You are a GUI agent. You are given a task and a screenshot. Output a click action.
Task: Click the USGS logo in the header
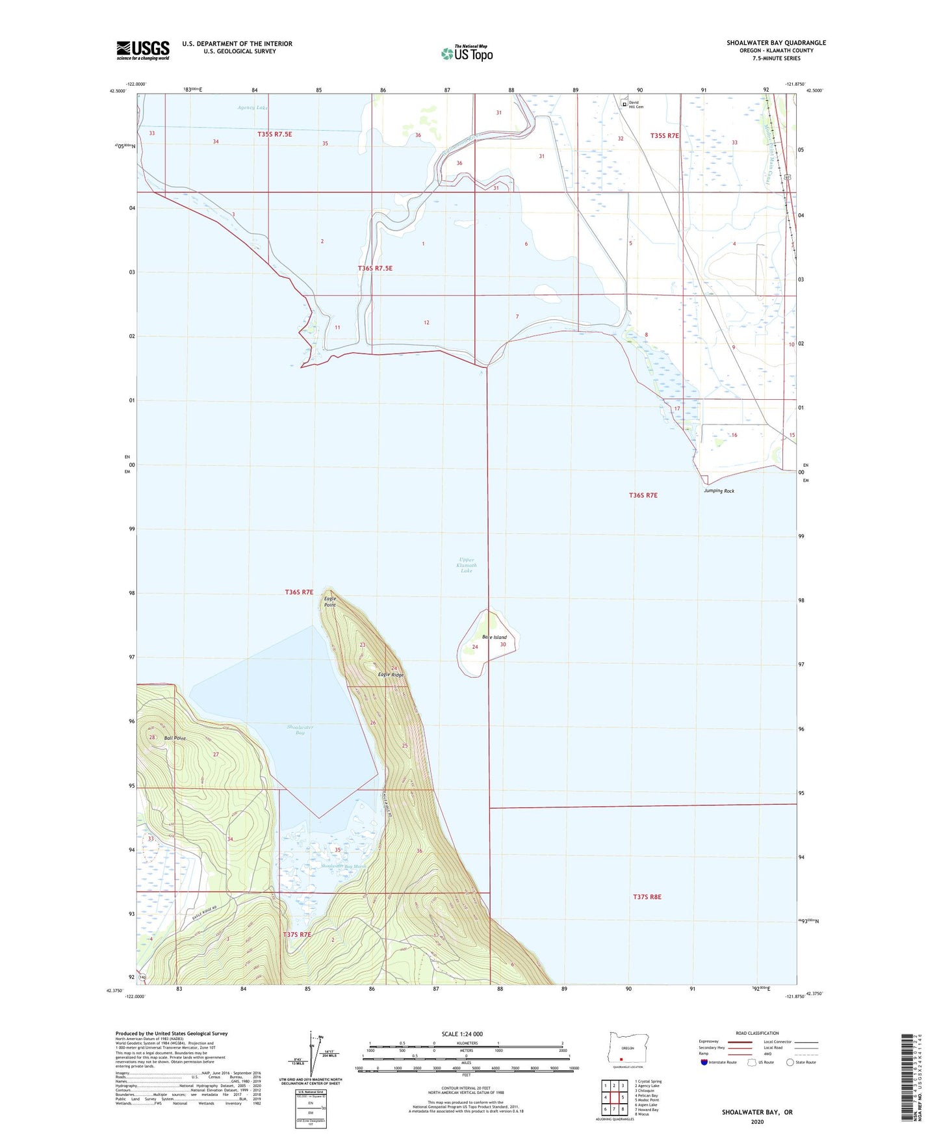tap(143, 50)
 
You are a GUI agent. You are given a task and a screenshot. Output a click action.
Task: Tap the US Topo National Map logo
tap(466, 53)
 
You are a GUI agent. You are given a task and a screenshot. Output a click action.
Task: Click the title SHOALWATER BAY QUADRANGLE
tap(776, 43)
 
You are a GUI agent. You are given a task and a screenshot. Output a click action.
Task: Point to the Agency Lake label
tap(253, 107)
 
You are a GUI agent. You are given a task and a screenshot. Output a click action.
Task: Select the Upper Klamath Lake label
tap(466, 565)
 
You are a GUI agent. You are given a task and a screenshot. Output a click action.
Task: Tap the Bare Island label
tap(494, 637)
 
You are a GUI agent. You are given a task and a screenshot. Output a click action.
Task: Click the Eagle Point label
tap(330, 601)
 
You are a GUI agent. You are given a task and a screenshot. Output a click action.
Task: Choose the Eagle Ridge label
tap(391, 675)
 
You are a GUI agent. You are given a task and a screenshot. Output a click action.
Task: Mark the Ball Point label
tap(175, 738)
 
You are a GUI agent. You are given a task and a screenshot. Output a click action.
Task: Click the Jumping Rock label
tap(719, 491)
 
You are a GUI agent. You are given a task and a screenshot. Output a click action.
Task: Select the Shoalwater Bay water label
tap(300, 730)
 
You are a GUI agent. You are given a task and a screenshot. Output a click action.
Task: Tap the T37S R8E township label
tap(647, 897)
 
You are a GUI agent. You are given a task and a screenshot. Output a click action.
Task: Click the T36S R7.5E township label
tap(375, 268)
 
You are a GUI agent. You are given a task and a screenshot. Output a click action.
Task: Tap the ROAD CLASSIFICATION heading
tap(757, 1033)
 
